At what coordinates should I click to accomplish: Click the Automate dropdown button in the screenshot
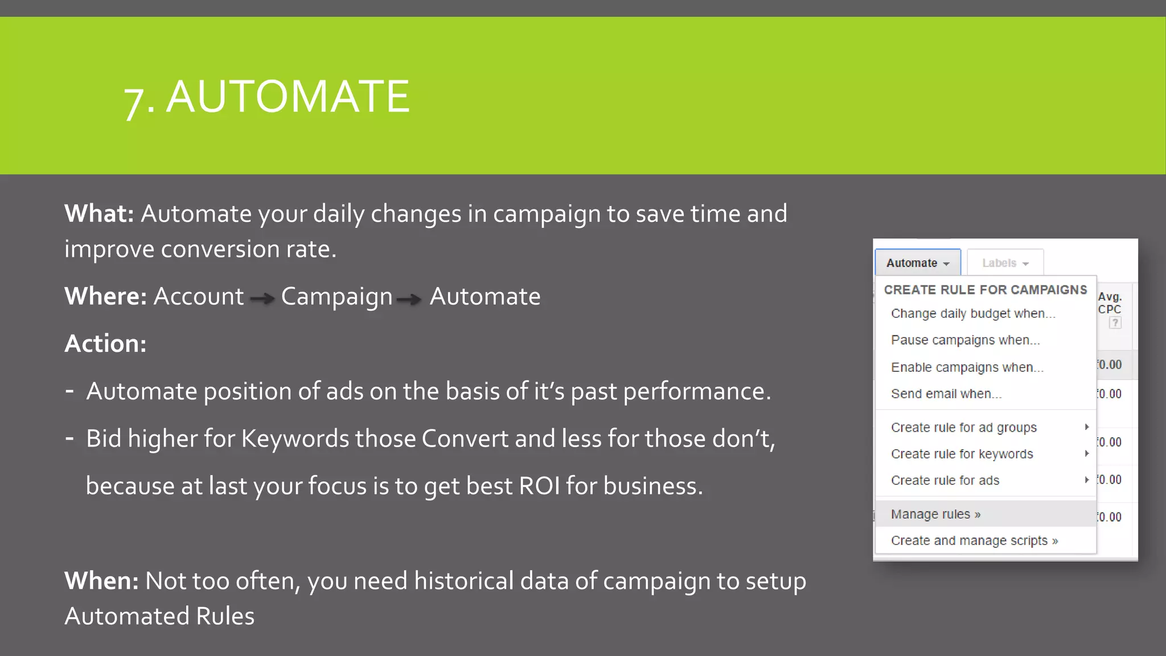pos(917,263)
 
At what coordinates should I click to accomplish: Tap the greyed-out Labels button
pos(1005,263)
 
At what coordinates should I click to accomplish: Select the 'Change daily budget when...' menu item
pos(973,314)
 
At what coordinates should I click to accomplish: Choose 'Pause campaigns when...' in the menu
pos(965,341)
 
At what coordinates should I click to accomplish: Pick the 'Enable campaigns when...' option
pos(967,367)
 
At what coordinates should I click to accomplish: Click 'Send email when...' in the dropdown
pos(946,394)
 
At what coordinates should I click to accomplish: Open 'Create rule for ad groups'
pos(963,428)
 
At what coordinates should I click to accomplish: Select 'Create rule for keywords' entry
pos(962,454)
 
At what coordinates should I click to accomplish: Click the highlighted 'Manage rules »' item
pos(935,514)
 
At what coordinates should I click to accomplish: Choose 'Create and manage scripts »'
pos(974,541)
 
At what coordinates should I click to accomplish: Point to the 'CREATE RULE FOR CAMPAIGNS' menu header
pos(985,290)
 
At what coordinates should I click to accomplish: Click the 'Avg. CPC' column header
pos(1110,303)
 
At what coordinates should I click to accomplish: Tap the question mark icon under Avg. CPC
pos(1115,323)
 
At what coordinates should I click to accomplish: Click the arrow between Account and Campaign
pos(262,298)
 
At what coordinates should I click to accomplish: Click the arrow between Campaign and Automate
pos(409,298)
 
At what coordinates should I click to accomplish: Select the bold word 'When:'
pos(101,581)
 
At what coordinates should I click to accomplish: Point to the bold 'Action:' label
pos(105,344)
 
